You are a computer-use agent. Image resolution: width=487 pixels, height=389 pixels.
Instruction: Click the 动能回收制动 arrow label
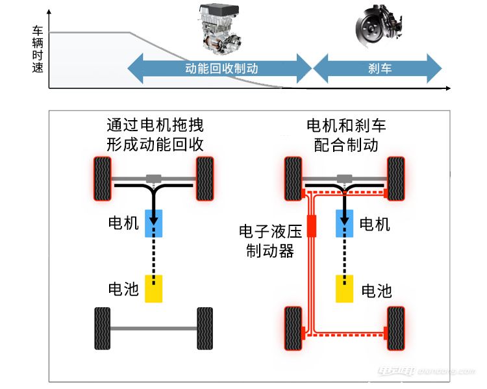point(221,68)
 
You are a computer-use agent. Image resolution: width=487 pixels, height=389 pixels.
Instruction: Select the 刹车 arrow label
point(378,68)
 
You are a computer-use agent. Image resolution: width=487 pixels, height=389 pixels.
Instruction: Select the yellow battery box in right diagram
point(344,288)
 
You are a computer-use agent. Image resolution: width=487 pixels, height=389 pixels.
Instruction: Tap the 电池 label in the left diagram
point(123,289)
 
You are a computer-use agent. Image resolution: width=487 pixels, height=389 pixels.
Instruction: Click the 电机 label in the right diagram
point(375,225)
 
